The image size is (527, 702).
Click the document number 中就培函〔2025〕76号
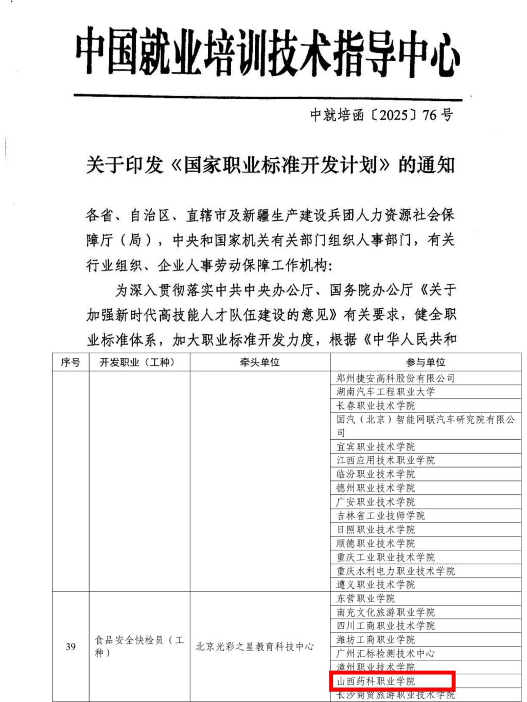(x=381, y=114)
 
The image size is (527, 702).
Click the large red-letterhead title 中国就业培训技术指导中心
(x=268, y=53)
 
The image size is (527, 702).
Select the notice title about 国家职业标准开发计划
(x=271, y=165)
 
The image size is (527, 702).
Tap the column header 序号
(x=71, y=362)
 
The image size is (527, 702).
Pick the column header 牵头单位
(x=259, y=362)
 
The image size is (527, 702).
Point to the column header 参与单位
(x=425, y=362)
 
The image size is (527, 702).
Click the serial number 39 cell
(x=71, y=646)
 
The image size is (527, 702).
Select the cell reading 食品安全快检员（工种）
(x=139, y=646)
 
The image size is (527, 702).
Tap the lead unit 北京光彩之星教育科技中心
(x=254, y=646)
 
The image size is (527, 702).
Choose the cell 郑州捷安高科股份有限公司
(x=395, y=378)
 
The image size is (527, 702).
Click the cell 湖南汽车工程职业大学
(x=385, y=391)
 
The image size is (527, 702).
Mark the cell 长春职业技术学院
(x=376, y=405)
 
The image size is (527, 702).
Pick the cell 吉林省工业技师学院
(x=381, y=515)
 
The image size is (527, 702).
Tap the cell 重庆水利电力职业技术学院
(x=395, y=571)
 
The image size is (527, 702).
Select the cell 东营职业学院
(x=365, y=598)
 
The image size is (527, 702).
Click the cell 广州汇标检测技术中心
(x=385, y=653)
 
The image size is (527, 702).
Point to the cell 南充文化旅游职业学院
(x=385, y=612)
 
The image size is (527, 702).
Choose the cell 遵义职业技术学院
(x=376, y=584)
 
